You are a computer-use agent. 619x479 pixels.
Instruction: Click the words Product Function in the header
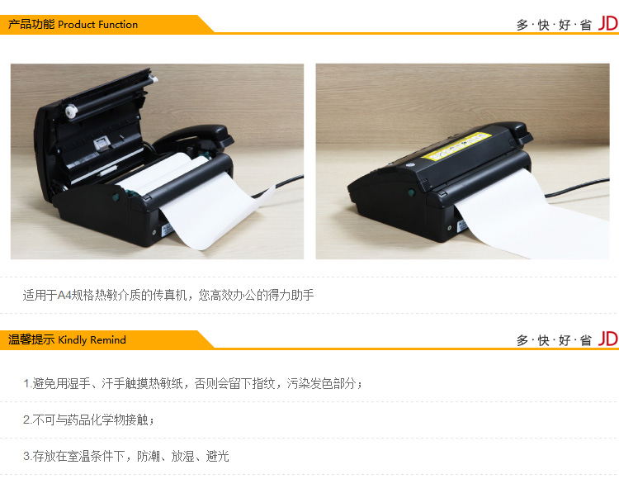(x=98, y=25)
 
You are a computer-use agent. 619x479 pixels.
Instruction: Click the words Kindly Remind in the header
(x=92, y=339)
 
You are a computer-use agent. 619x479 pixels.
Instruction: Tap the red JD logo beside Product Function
(x=607, y=24)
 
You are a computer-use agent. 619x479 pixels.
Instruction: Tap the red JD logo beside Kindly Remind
(x=607, y=339)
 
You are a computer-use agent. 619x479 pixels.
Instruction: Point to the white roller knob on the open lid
(x=71, y=111)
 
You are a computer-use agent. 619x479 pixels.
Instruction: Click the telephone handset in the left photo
(x=193, y=138)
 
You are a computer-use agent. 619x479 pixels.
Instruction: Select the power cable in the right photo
(x=576, y=187)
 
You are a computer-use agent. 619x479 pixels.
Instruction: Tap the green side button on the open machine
(x=116, y=197)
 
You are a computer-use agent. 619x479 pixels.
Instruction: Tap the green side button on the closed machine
(x=411, y=192)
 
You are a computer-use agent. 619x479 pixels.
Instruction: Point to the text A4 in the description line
(x=64, y=295)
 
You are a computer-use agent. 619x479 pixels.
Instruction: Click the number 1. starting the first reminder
(x=27, y=383)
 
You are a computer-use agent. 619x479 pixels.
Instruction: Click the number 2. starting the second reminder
(x=27, y=420)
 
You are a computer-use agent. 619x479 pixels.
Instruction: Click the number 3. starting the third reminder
(x=27, y=456)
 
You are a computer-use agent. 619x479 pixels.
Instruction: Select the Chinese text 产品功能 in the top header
(x=31, y=24)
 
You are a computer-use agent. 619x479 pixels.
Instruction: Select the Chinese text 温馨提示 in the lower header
(x=31, y=339)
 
